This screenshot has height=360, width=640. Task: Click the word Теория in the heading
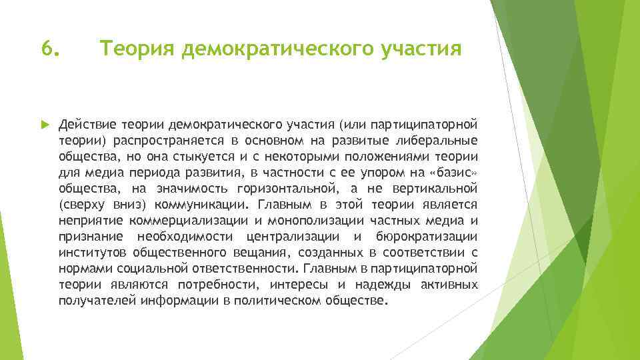coord(130,49)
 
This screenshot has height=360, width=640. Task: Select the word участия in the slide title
coord(422,49)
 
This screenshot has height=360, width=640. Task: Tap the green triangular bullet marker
coord(45,124)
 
